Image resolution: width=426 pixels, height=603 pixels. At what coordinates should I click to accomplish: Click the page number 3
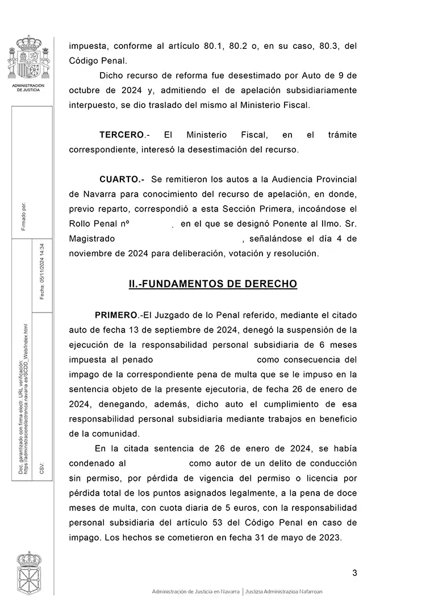click(354, 572)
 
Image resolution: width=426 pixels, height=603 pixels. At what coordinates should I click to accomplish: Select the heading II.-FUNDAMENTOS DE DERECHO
click(213, 284)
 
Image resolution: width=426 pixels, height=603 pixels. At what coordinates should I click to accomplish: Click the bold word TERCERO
click(122, 135)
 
